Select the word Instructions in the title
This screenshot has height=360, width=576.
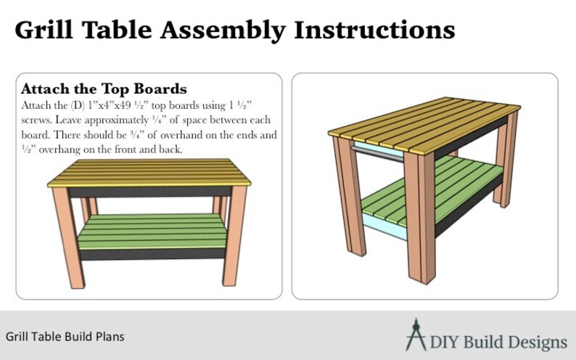pyautogui.click(x=374, y=30)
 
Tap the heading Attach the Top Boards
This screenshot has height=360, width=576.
pyautogui.click(x=104, y=89)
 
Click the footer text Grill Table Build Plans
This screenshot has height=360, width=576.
pyautogui.click(x=65, y=337)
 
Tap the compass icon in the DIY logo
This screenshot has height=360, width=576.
pyautogui.click(x=416, y=335)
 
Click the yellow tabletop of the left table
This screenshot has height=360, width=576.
pyautogui.click(x=149, y=173)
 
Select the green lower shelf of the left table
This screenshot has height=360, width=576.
pyautogui.click(x=152, y=232)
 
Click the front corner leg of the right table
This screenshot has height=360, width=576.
pyautogui.click(x=421, y=218)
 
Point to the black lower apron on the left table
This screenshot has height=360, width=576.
pyautogui.click(x=152, y=253)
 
